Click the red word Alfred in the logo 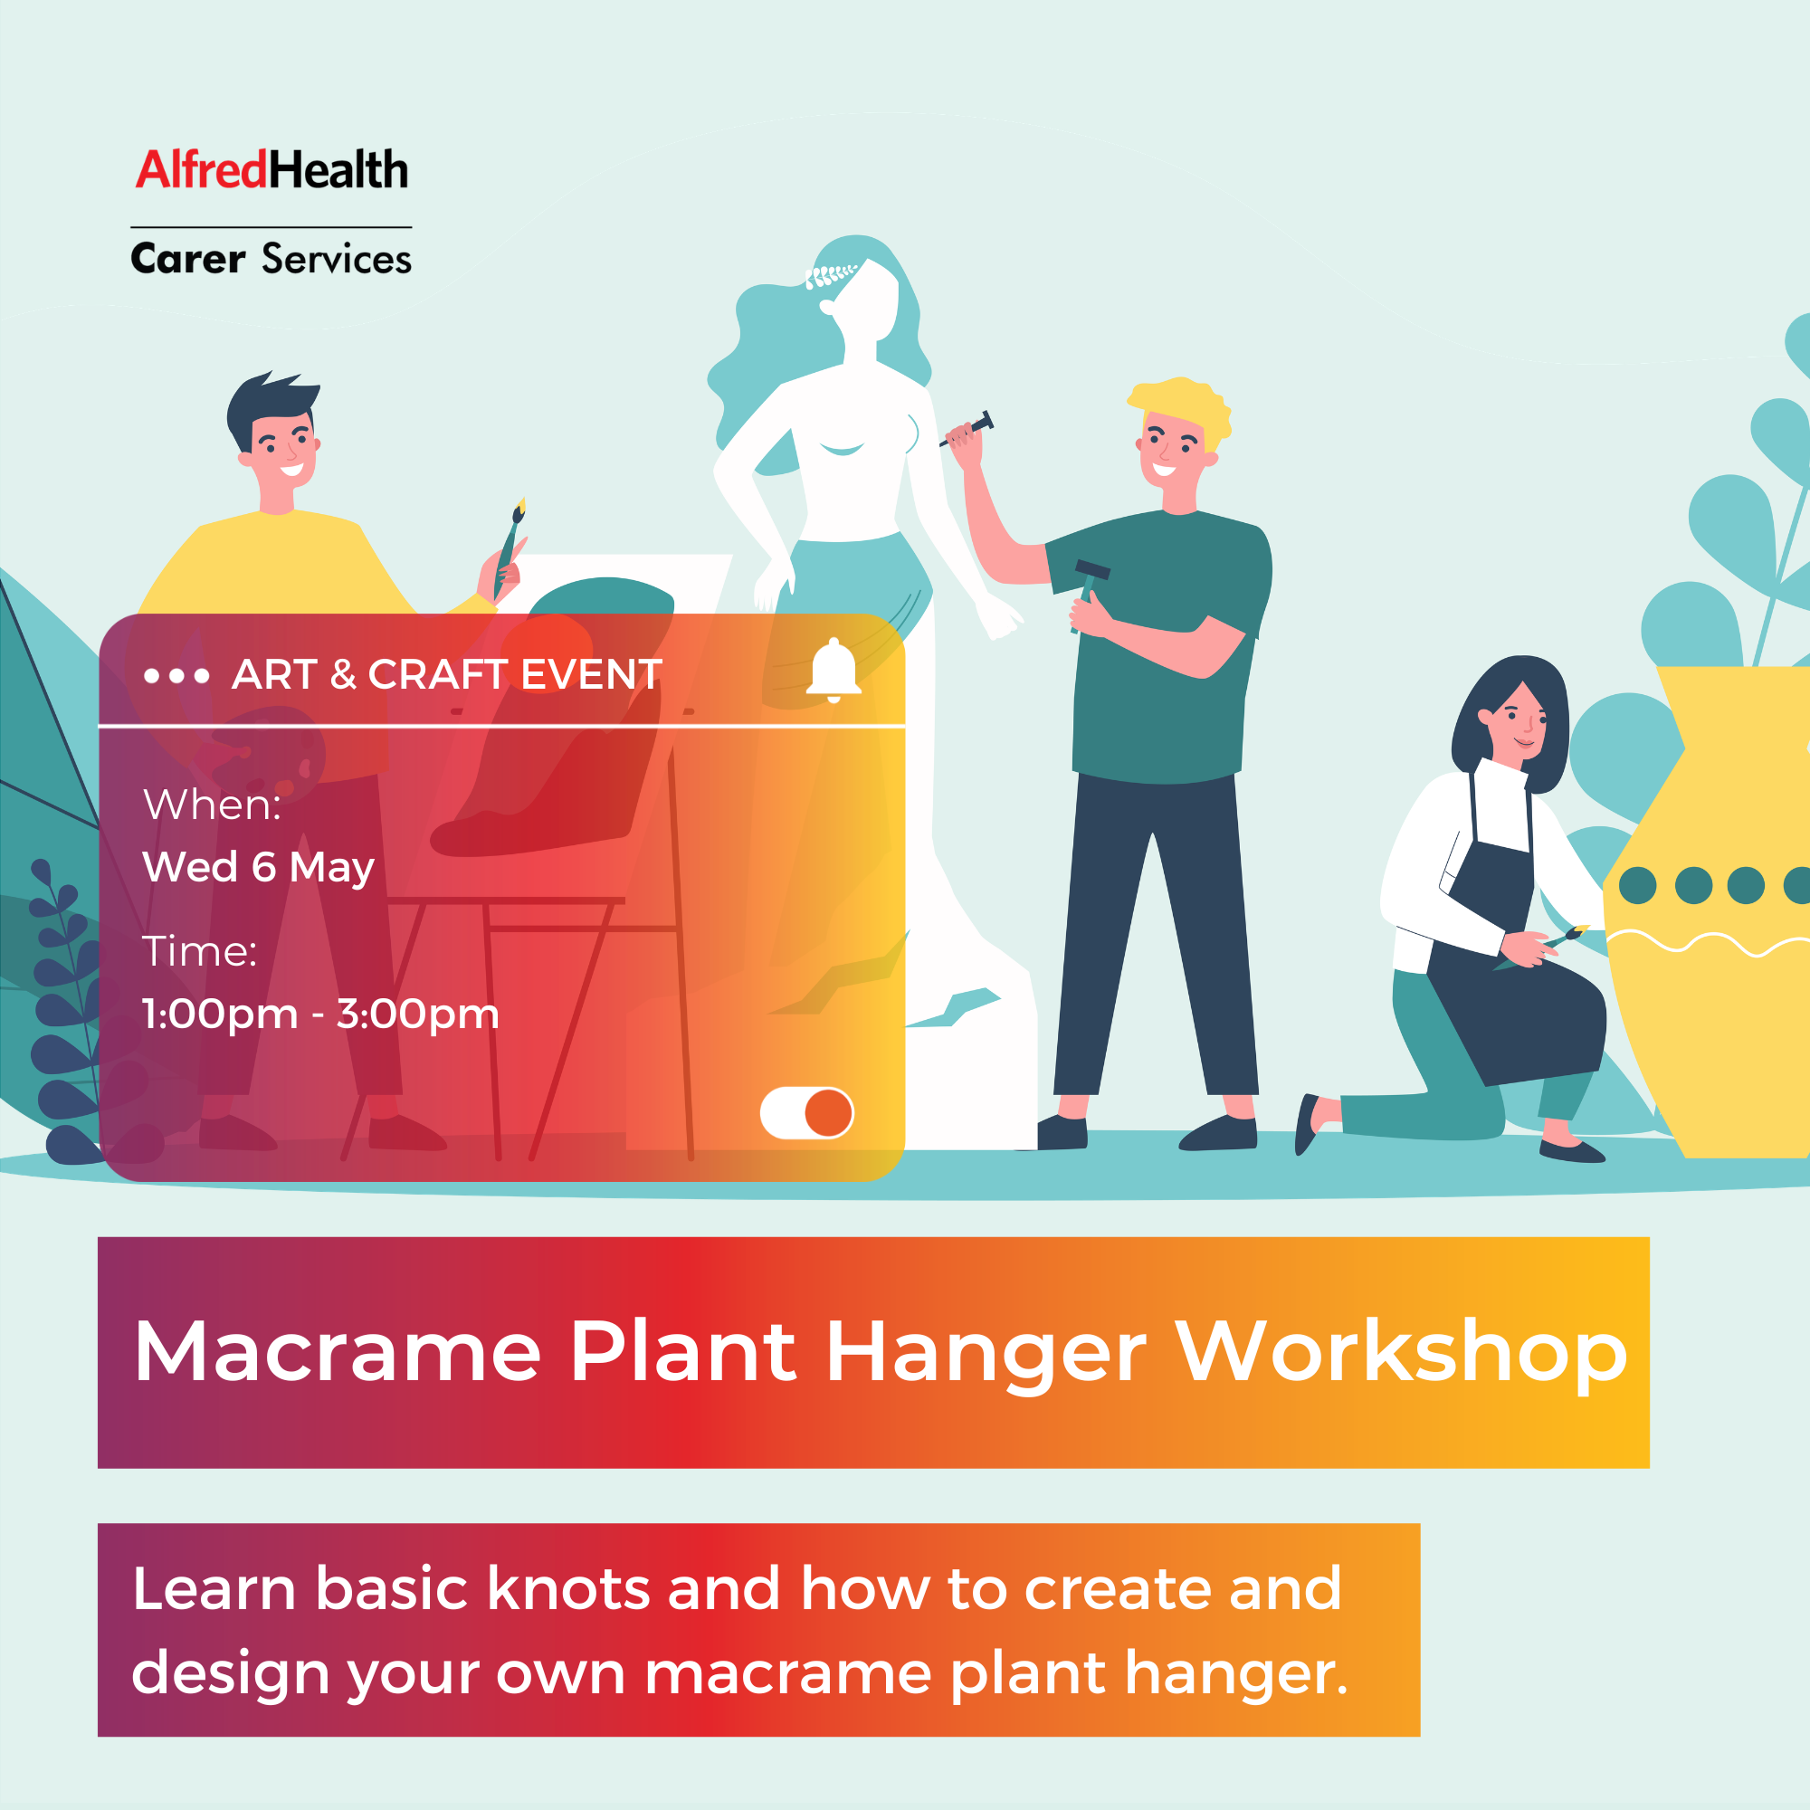click(202, 170)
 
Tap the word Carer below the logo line click(187, 259)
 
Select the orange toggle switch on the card click(806, 1113)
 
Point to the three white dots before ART click(176, 675)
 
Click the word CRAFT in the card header click(436, 674)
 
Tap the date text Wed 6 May click(258, 868)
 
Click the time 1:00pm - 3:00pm click(320, 1014)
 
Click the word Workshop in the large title click(1402, 1353)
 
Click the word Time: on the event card click(199, 952)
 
